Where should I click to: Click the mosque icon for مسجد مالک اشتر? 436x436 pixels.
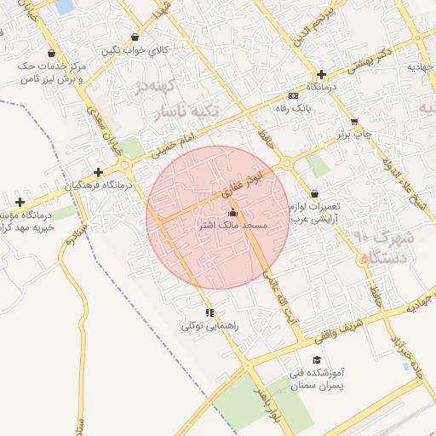[x=233, y=213]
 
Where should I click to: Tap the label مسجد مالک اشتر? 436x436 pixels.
[x=233, y=226]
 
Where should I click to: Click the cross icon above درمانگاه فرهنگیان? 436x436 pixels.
[x=99, y=172]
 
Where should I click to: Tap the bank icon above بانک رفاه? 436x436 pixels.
[x=294, y=95]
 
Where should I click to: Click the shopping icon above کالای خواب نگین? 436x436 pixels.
[x=135, y=37]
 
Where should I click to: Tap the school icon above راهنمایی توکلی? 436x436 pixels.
[x=209, y=313]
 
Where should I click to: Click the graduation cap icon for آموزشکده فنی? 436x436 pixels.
[x=318, y=360]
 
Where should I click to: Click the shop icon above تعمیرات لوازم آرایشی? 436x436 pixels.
[x=315, y=194]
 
